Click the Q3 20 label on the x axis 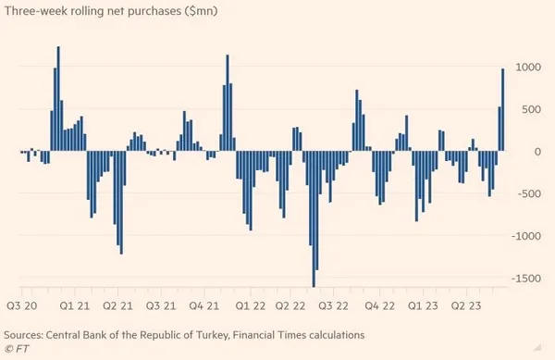coord(23,304)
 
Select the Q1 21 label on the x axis coord(74,304)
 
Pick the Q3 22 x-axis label coord(333,304)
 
